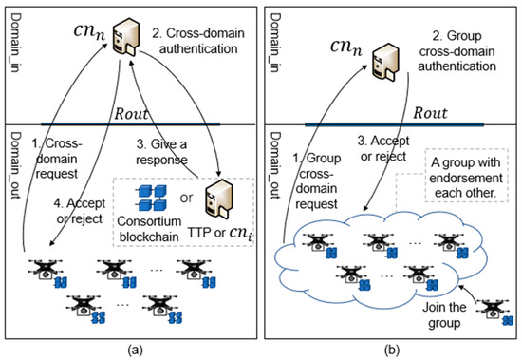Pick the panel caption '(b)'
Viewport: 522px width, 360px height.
click(x=390, y=347)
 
